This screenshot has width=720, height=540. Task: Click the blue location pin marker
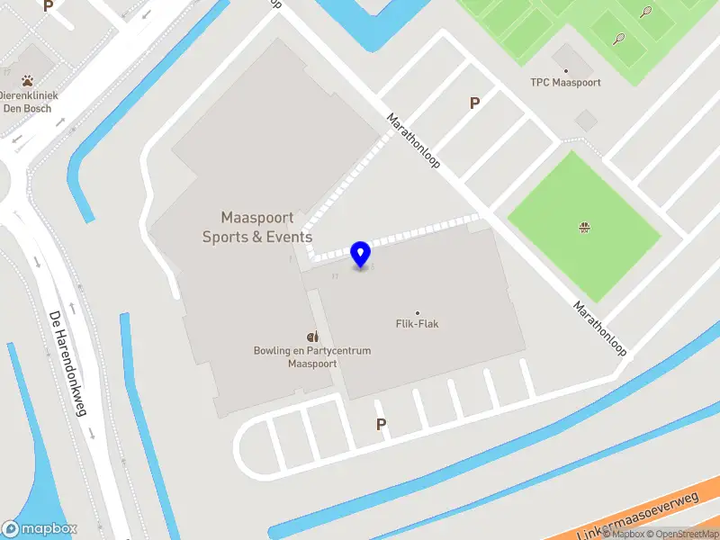point(361,255)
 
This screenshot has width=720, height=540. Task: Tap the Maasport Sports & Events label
point(257,228)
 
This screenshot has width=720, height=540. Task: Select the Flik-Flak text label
point(417,324)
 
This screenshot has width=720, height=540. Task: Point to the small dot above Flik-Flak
point(417,312)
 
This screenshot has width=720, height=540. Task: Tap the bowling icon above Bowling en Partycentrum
point(311,337)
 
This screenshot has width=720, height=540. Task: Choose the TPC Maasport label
point(565,83)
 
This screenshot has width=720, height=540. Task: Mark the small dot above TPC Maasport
point(565,70)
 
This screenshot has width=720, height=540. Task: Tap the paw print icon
point(28,80)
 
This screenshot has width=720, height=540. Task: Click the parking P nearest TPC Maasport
point(474,103)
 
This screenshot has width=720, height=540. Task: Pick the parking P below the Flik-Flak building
point(381,424)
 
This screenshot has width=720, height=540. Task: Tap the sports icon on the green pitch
point(584,227)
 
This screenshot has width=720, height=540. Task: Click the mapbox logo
point(40,529)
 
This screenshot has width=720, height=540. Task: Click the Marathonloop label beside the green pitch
point(599,328)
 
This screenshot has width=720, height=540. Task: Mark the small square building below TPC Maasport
point(586,121)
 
